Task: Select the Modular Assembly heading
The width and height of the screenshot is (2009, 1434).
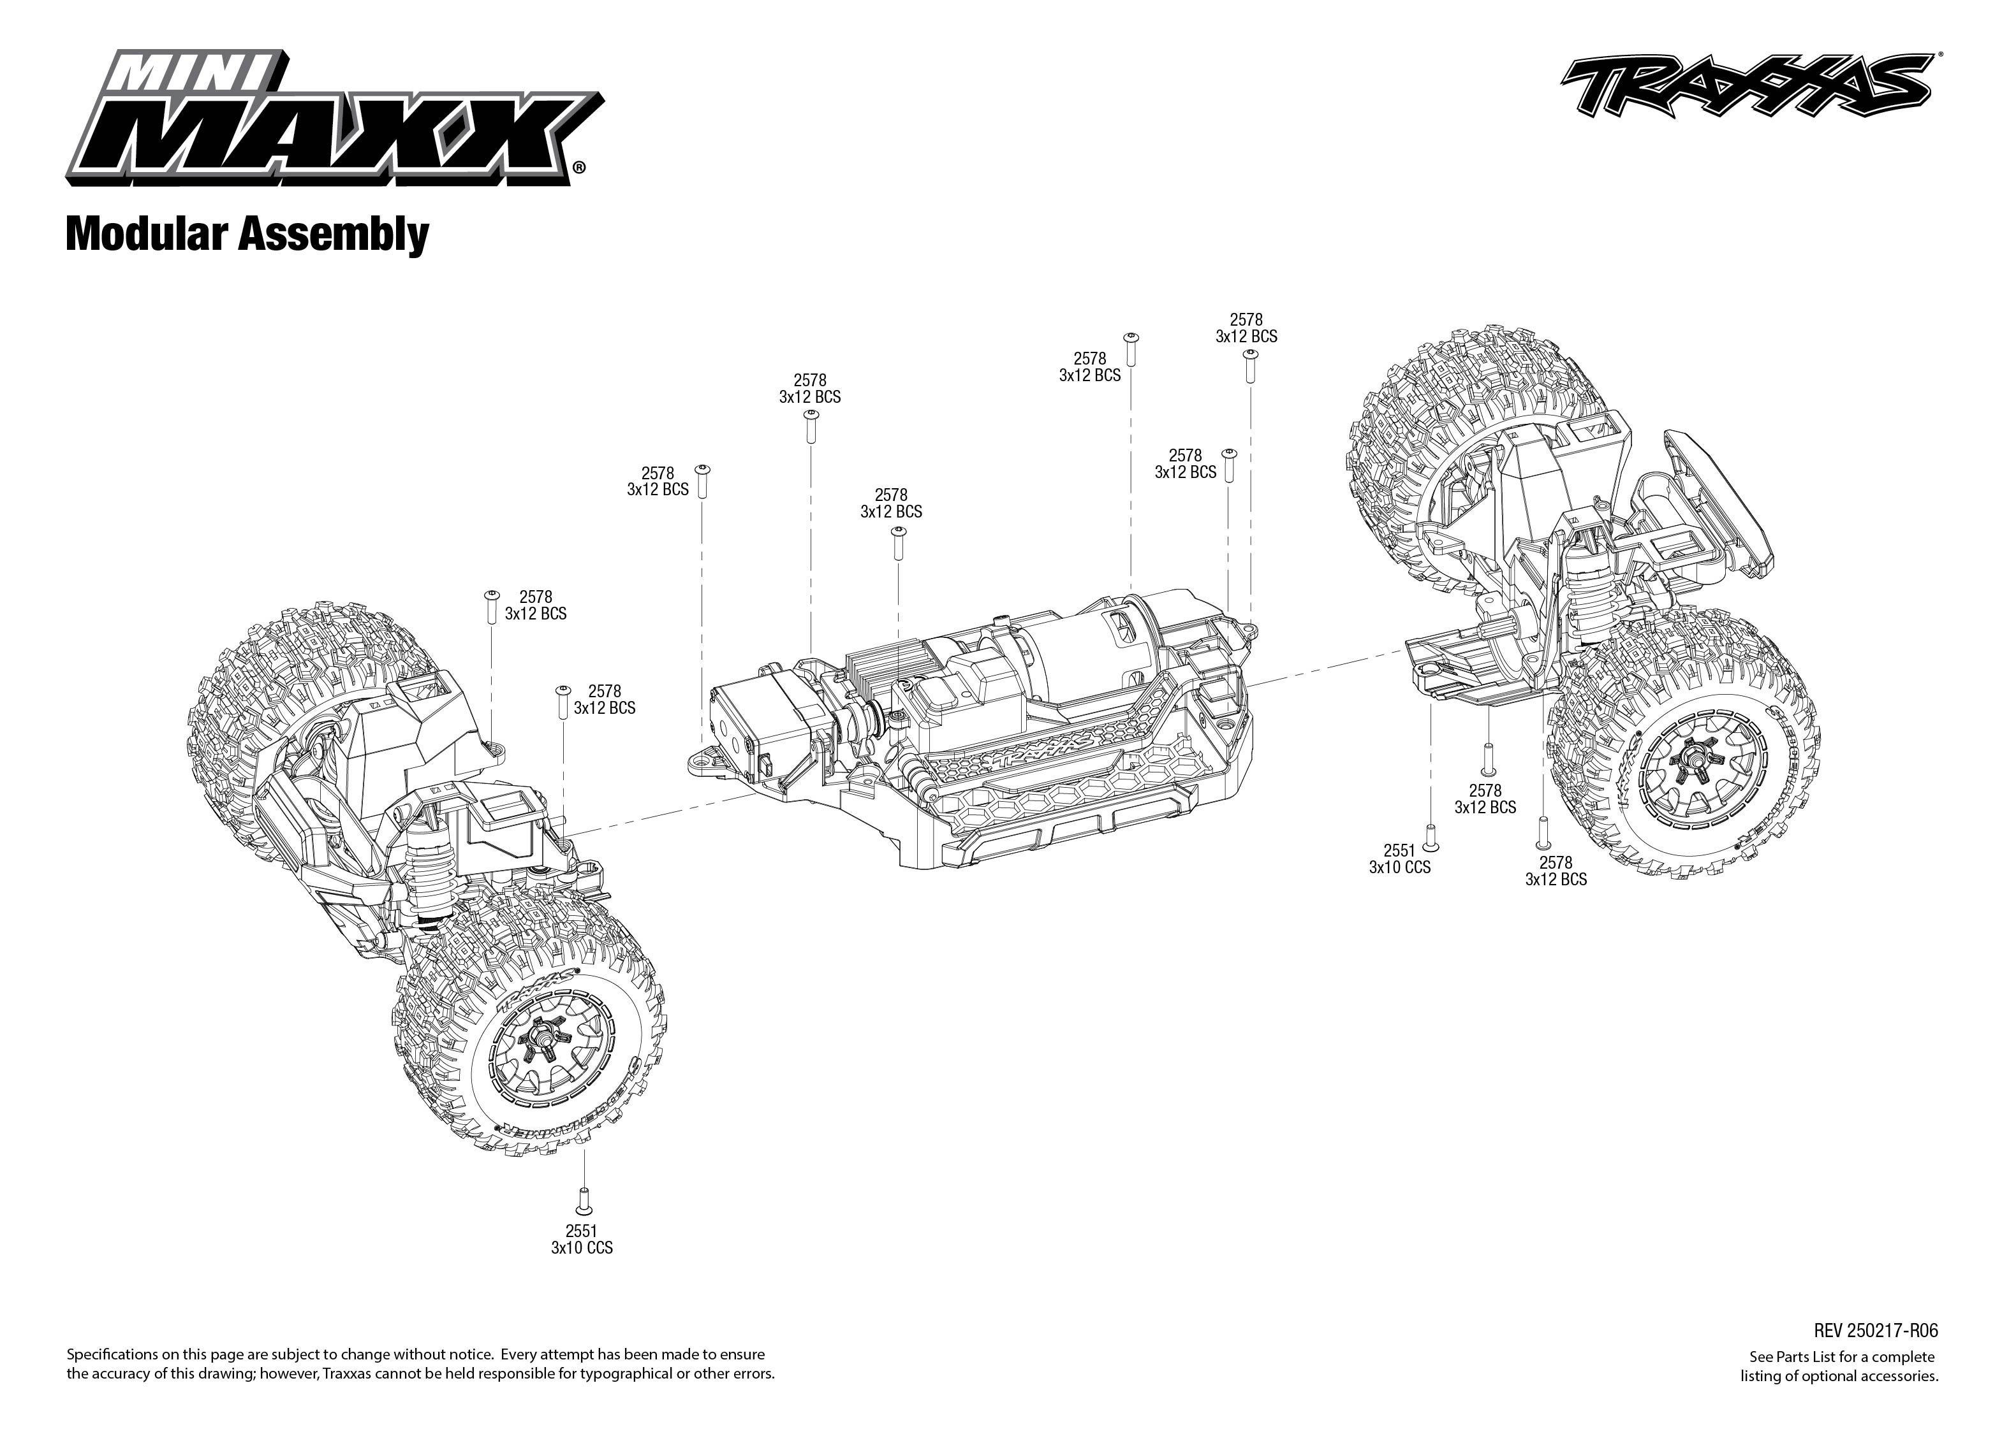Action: pyautogui.click(x=247, y=235)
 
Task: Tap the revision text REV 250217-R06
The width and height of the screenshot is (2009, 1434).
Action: pyautogui.click(x=1876, y=1331)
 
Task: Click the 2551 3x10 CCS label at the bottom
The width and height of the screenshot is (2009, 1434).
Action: pyautogui.click(x=581, y=1240)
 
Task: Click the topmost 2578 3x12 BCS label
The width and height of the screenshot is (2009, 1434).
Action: pyautogui.click(x=1246, y=328)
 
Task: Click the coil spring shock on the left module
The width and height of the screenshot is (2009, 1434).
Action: pyautogui.click(x=431, y=870)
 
